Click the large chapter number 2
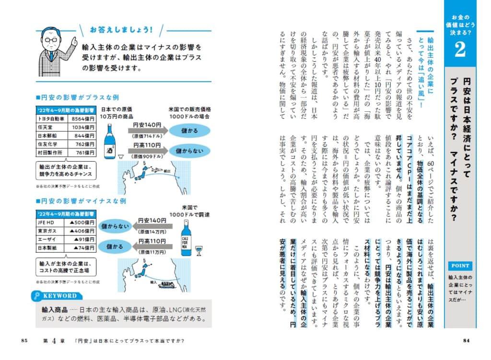(460, 50)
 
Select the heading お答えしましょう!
(121, 30)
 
